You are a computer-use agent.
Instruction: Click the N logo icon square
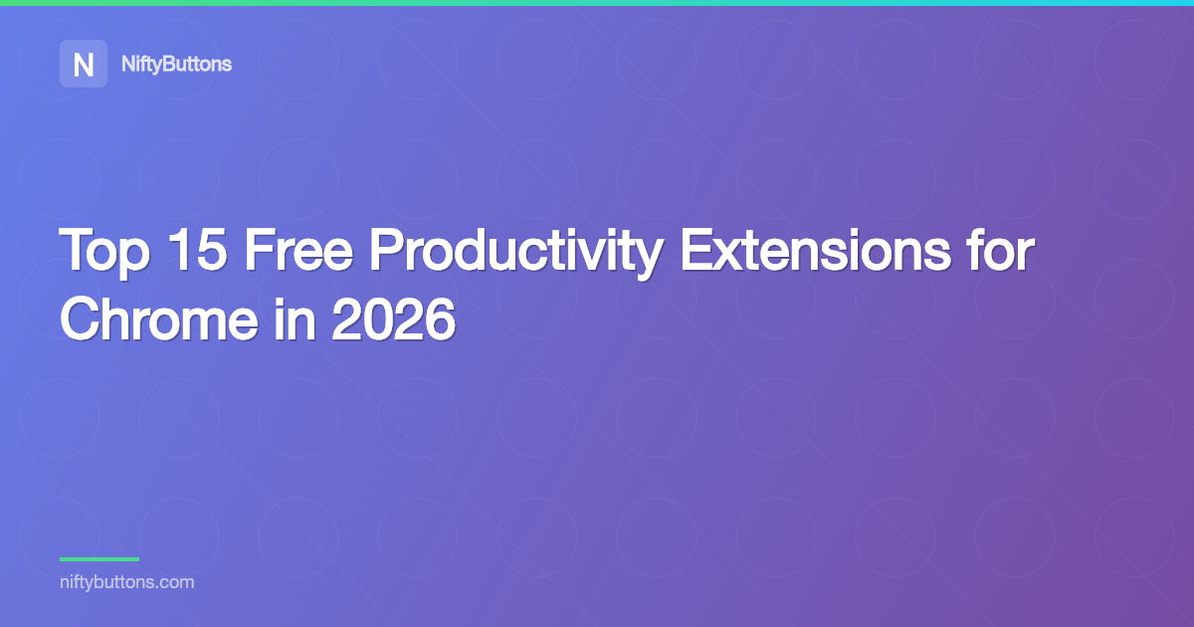(84, 64)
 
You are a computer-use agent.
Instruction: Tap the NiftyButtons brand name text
(176, 64)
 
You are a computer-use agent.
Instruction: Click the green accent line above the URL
(99, 559)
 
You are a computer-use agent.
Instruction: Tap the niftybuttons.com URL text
(126, 582)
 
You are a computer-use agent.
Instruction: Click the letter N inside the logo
(84, 65)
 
